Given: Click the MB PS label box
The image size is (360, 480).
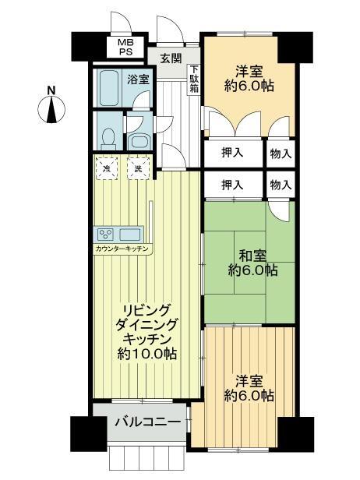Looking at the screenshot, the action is (x=125, y=47).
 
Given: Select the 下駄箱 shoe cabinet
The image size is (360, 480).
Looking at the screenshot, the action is (x=194, y=79).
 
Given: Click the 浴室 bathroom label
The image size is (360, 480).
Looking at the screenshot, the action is (x=139, y=79).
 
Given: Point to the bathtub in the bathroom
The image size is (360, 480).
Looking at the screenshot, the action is (x=108, y=87).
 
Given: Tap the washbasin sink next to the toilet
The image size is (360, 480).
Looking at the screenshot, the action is (x=139, y=142).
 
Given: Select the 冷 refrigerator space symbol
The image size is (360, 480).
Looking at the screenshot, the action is (x=107, y=168).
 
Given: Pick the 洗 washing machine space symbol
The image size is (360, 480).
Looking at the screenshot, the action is (x=139, y=168).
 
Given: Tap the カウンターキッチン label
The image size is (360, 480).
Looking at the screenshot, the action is (x=122, y=249).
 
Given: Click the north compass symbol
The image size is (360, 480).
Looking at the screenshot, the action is (x=51, y=106).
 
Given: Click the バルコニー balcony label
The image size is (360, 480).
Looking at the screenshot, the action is (x=148, y=422).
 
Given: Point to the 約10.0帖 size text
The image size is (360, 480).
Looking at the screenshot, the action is (x=147, y=354).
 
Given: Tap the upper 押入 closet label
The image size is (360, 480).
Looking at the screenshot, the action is (x=233, y=153).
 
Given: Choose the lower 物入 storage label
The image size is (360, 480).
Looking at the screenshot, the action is (x=281, y=185).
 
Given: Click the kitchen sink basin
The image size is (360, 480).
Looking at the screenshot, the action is (x=129, y=235).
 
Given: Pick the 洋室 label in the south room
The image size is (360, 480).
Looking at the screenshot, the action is (x=249, y=382).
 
